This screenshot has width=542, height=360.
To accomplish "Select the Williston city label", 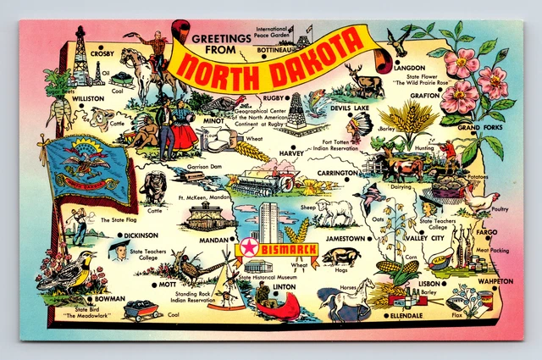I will tap(87, 99).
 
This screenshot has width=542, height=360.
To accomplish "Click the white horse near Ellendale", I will tap(346, 301).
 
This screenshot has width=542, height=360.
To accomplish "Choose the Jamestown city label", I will tap(345, 239).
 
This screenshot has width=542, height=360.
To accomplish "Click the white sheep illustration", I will tap(334, 212).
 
